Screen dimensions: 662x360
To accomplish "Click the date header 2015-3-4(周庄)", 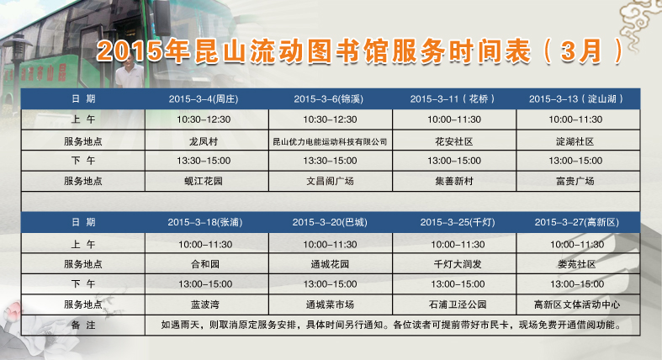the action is click(x=204, y=99).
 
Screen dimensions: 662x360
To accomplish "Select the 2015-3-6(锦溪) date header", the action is click(x=328, y=99).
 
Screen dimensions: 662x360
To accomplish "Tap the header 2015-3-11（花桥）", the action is click(x=453, y=99).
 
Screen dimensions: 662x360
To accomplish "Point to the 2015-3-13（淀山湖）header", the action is click(x=576, y=99).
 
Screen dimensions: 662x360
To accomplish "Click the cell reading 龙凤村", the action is click(x=204, y=141).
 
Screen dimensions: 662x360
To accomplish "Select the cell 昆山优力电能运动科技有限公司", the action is click(x=330, y=142).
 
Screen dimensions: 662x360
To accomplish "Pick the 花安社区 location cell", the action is click(x=454, y=141).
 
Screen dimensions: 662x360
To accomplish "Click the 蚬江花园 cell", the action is click(x=204, y=181).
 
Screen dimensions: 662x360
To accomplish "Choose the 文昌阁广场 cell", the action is click(x=330, y=181).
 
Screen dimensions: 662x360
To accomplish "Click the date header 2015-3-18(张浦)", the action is click(x=205, y=222).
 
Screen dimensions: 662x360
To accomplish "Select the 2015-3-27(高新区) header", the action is click(x=577, y=222).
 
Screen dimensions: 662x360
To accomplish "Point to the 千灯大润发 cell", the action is click(x=458, y=264).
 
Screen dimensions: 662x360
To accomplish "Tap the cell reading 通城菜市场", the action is click(x=330, y=304).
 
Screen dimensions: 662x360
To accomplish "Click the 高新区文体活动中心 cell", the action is click(x=577, y=304).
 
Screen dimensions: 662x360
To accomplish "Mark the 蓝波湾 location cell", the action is click(x=205, y=304).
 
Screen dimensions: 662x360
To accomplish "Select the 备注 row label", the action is click(x=83, y=325).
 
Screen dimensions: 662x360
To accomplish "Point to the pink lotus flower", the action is click(x=13, y=313).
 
